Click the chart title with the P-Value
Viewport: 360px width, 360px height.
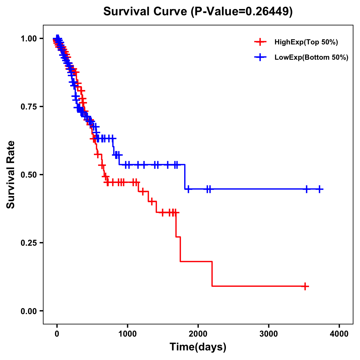point(198,11)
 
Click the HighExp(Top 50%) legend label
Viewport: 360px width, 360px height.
point(306,42)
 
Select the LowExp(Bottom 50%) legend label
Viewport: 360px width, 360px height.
point(311,58)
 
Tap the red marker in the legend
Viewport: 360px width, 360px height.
point(260,42)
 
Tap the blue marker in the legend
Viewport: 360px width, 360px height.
point(260,57)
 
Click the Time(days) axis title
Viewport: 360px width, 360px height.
point(198,347)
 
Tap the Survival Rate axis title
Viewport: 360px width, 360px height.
point(11,175)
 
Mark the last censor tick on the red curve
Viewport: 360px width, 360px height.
point(305,286)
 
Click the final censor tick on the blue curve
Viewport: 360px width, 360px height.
point(320,189)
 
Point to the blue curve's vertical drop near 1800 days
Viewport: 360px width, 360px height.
point(185,177)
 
